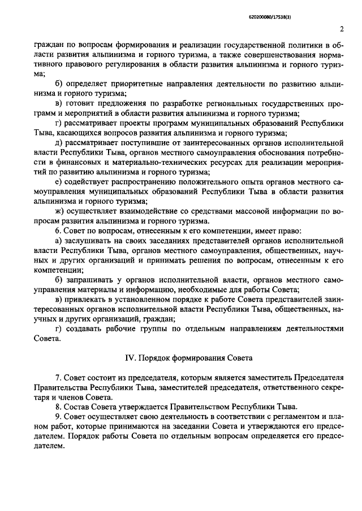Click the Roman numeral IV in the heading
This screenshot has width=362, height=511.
click(x=129, y=358)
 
